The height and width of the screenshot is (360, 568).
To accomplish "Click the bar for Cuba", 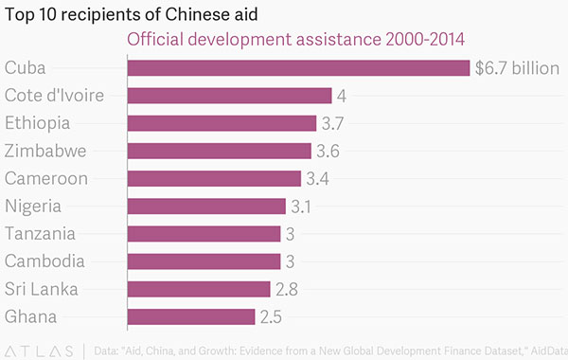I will [x=298, y=68].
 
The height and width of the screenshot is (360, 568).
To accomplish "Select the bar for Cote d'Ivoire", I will [x=229, y=96].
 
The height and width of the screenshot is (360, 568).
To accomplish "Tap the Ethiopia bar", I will [x=222, y=123].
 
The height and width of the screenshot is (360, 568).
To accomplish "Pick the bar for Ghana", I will [x=190, y=316].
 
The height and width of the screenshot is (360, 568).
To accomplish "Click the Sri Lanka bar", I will [x=198, y=289].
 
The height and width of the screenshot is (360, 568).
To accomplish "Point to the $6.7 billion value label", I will [x=518, y=68].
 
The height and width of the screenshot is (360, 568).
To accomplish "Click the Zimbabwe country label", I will [x=45, y=151].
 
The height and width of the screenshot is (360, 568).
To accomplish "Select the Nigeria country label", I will [x=33, y=207].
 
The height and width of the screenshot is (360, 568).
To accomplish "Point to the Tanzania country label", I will [x=40, y=234].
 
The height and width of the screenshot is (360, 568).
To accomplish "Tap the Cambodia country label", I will [x=44, y=261].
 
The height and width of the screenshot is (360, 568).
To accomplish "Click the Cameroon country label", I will [x=46, y=179].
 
